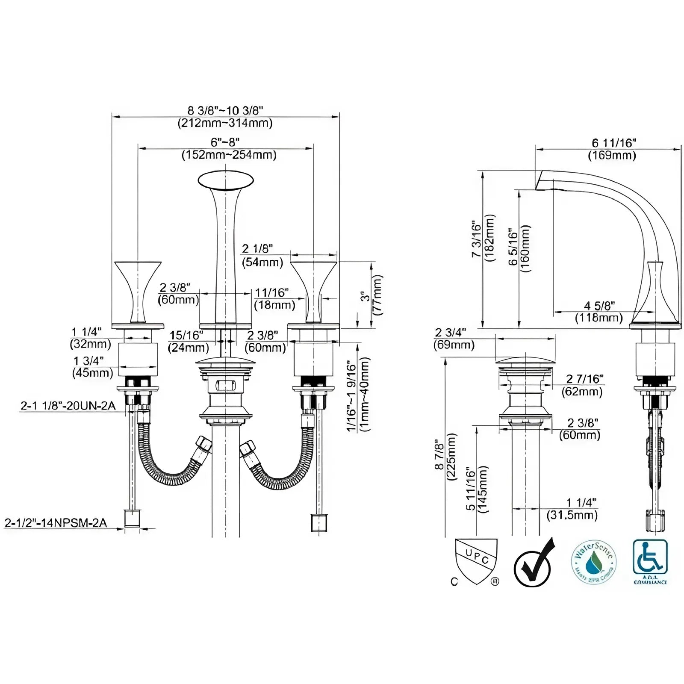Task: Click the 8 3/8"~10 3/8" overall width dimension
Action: click(x=225, y=110)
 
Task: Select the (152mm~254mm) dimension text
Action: click(x=229, y=155)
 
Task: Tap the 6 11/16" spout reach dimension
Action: click(x=614, y=143)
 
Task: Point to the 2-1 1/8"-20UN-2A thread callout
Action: click(x=68, y=405)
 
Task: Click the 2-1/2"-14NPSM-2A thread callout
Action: click(x=56, y=522)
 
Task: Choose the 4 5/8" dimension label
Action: click(x=599, y=306)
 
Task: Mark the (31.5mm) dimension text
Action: click(x=572, y=515)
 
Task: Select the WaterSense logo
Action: click(x=593, y=562)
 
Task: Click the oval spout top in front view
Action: click(x=225, y=180)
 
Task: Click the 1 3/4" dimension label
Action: click(x=88, y=361)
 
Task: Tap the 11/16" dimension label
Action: click(x=272, y=293)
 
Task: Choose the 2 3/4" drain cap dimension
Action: click(x=451, y=333)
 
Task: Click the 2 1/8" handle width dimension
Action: click(x=257, y=249)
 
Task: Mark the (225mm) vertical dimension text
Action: click(x=451, y=457)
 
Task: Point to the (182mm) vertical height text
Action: click(x=489, y=239)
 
